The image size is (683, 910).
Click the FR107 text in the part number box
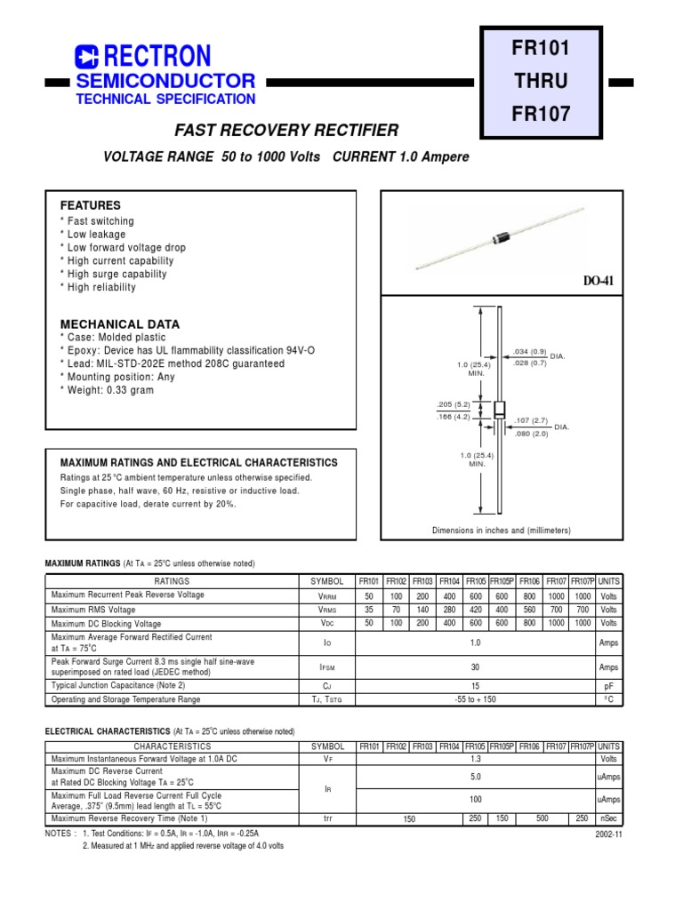coord(540,114)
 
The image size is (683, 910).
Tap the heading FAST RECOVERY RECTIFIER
coord(286,131)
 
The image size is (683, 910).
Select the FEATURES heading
coord(90,205)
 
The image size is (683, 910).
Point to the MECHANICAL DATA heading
coord(119,324)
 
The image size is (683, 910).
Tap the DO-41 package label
coord(599,281)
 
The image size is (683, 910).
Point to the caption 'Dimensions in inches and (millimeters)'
coord(502,531)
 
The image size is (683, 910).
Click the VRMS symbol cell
coord(327,611)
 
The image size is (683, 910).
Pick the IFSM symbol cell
coord(327,667)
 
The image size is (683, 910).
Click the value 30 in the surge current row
coord(475,667)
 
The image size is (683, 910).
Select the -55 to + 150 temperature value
coord(475,699)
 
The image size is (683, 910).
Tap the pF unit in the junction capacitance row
coord(609,686)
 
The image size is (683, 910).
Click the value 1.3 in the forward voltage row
coord(475,760)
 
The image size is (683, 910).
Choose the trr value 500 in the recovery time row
coord(542,818)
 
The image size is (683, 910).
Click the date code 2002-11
coord(608,835)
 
